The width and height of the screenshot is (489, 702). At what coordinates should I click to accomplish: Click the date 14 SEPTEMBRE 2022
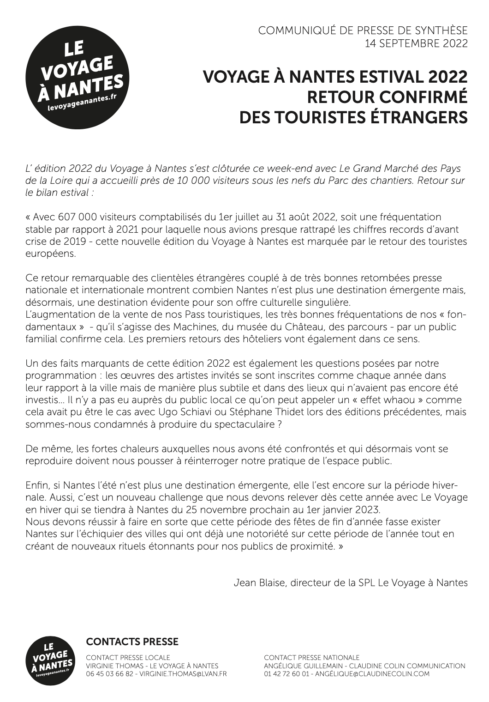pyautogui.click(x=416, y=44)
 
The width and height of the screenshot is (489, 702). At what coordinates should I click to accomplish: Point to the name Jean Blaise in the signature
pyautogui.click(x=256, y=582)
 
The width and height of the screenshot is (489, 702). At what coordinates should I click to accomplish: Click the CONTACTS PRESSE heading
pyautogui.click(x=132, y=641)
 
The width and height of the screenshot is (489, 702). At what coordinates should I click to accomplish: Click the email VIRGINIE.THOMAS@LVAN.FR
pyautogui.click(x=183, y=674)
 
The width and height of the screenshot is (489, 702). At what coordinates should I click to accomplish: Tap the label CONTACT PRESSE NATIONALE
pyautogui.click(x=312, y=657)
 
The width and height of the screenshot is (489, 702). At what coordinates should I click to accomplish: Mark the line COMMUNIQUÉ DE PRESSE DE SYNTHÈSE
pyautogui.click(x=363, y=31)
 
